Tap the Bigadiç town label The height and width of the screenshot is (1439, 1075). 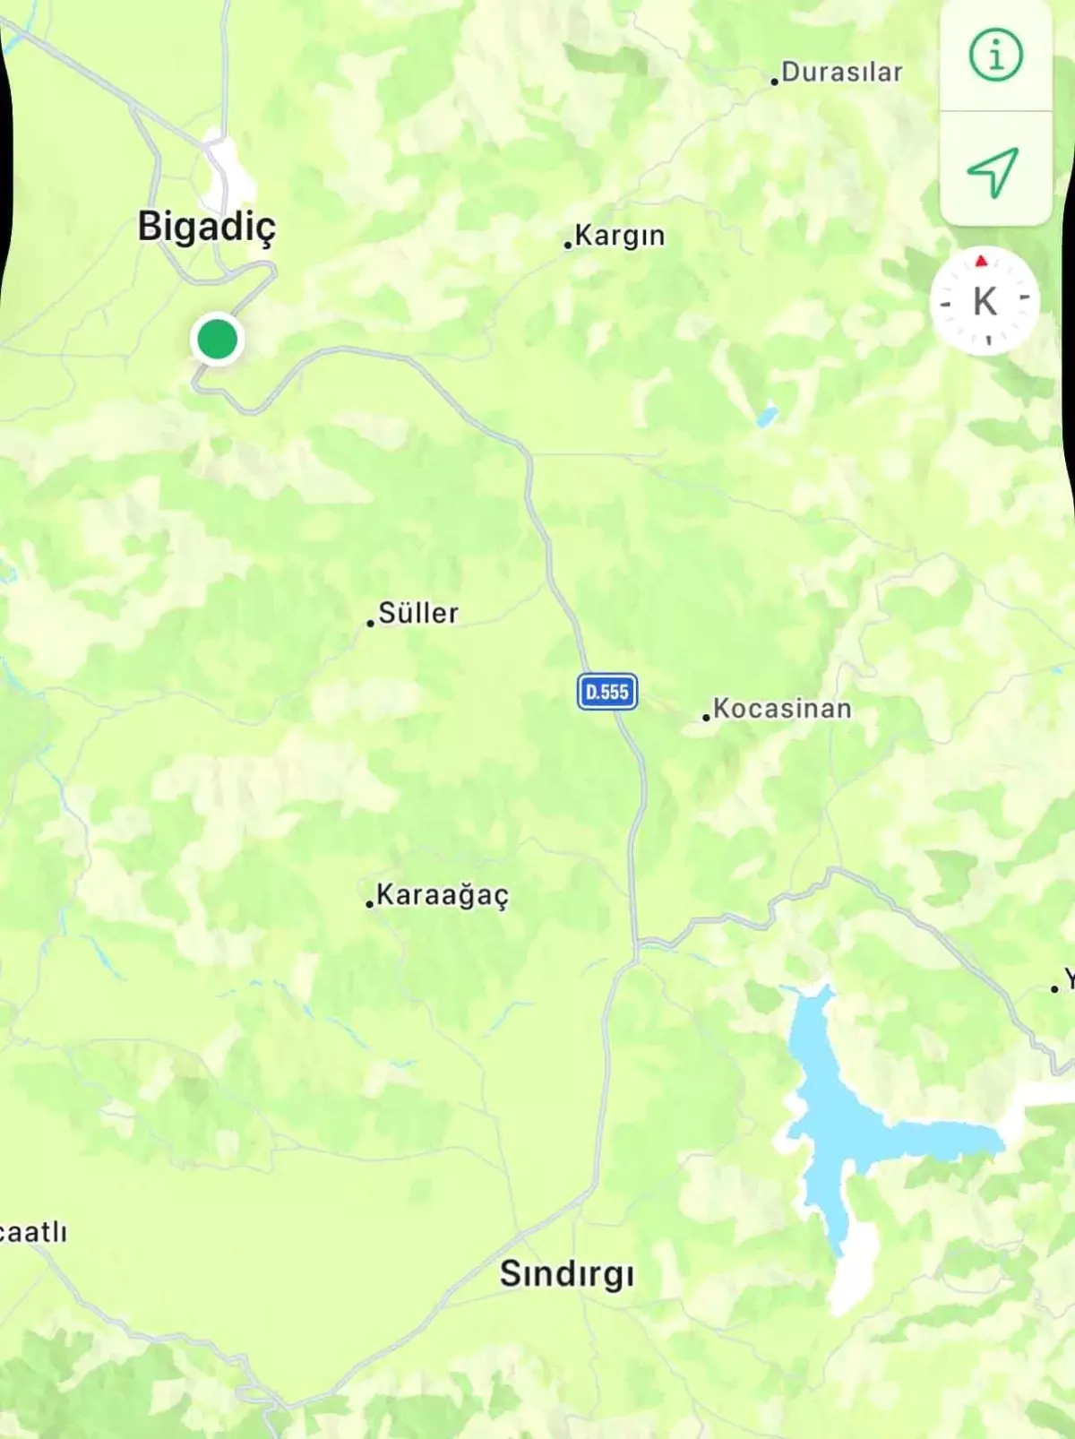pyautogui.click(x=206, y=227)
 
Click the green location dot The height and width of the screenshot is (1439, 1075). pyautogui.click(x=217, y=340)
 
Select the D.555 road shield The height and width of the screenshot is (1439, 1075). pyautogui.click(x=607, y=692)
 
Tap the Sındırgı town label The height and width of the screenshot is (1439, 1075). pyautogui.click(x=566, y=1273)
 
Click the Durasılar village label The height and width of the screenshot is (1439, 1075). pyautogui.click(x=841, y=73)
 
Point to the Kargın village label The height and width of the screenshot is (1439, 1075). pyautogui.click(x=619, y=236)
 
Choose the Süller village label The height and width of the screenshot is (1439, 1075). pyautogui.click(x=418, y=614)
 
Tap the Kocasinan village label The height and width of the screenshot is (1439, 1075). pyautogui.click(x=782, y=709)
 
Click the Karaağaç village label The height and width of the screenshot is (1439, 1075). pyautogui.click(x=443, y=895)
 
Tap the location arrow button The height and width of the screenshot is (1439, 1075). pyautogui.click(x=993, y=170)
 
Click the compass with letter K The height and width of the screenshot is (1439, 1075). pyautogui.click(x=985, y=301)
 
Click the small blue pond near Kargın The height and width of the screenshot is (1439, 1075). pyautogui.click(x=767, y=417)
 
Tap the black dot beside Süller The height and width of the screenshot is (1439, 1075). pyautogui.click(x=370, y=623)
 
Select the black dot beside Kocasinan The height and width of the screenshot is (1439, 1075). pyautogui.click(x=706, y=718)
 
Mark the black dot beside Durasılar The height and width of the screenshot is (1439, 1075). pyautogui.click(x=774, y=82)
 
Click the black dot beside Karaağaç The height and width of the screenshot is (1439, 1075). pyautogui.click(x=369, y=904)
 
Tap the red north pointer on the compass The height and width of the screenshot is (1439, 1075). pyautogui.click(x=981, y=261)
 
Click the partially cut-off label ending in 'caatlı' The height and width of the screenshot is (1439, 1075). pyautogui.click(x=32, y=1232)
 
